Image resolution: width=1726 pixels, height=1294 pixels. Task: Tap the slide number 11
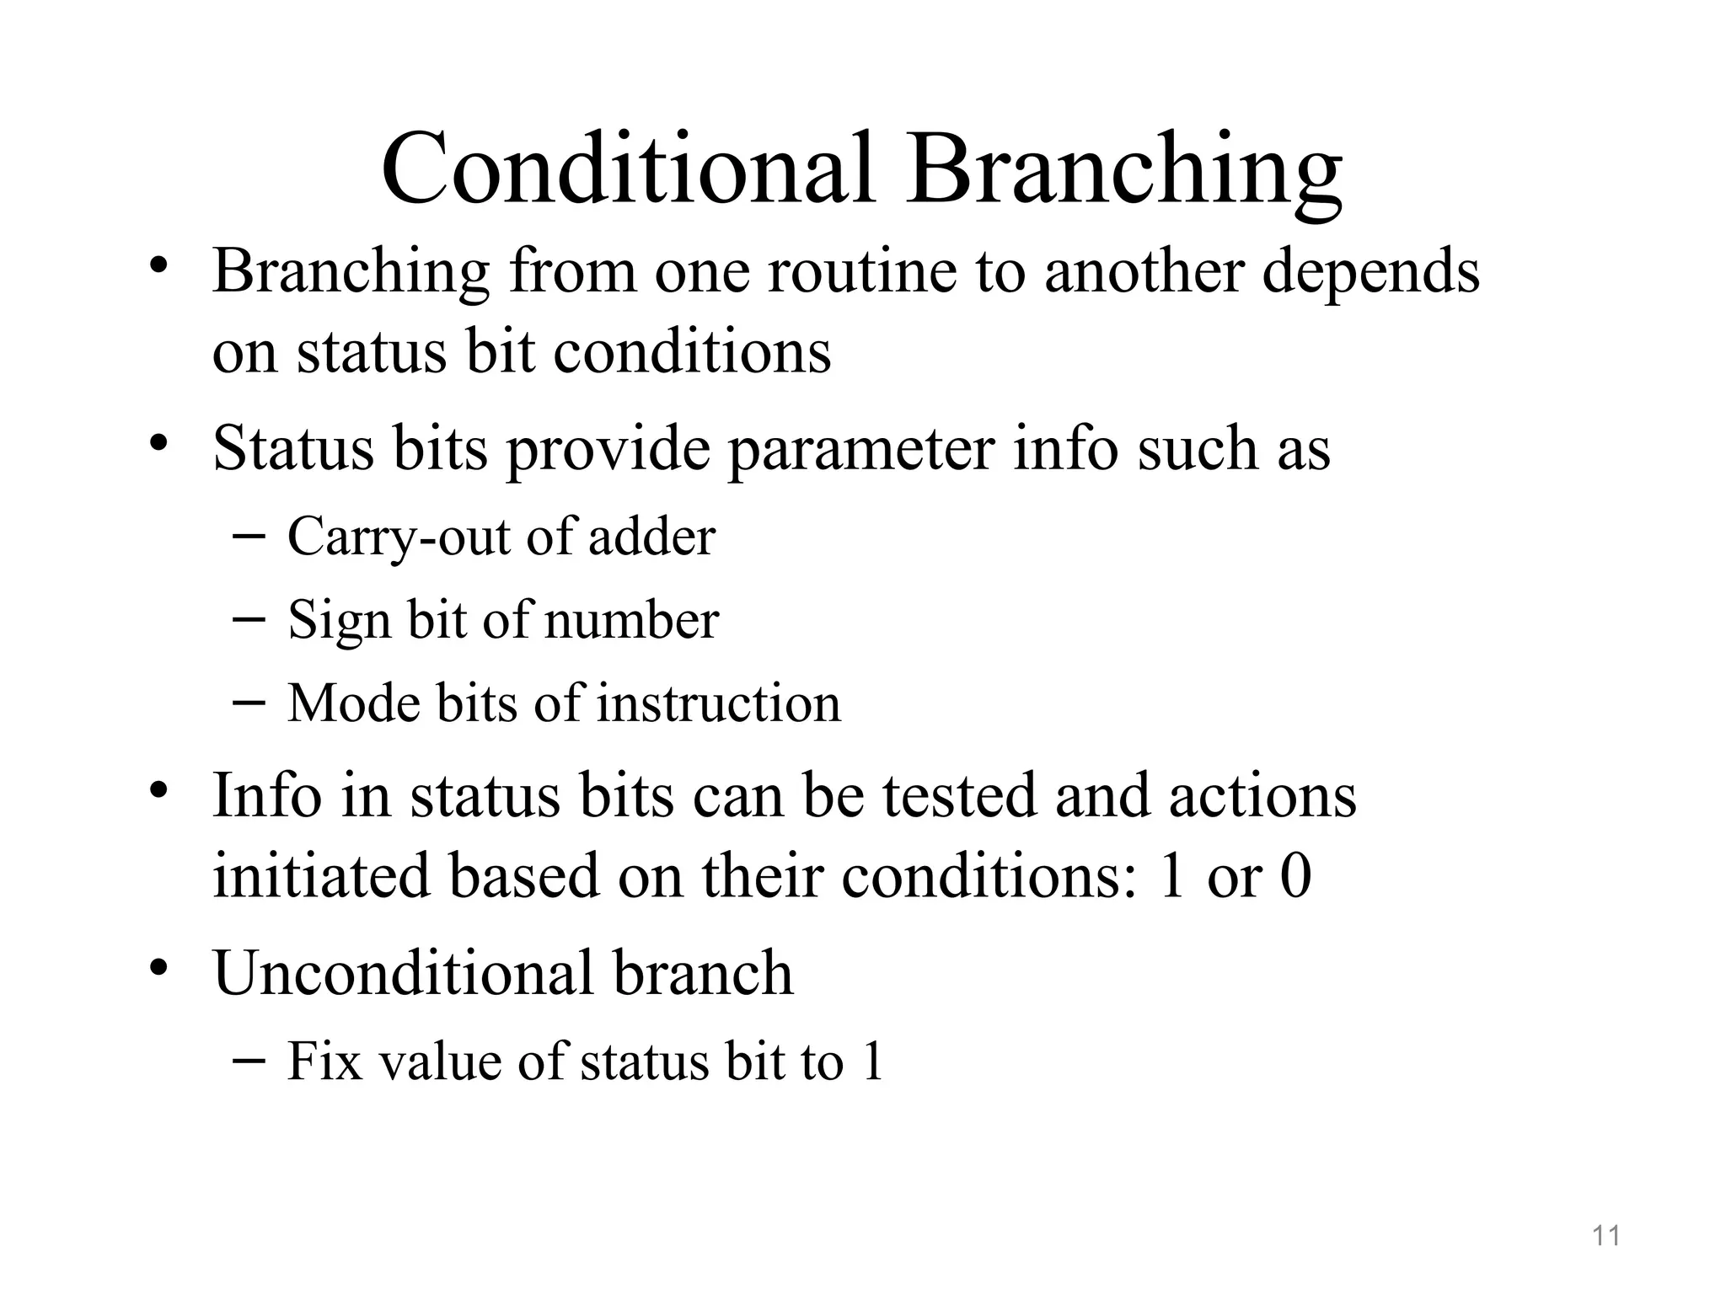[1606, 1236]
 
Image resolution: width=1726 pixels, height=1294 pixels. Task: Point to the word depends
[1370, 274]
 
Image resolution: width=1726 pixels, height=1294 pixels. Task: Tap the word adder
[651, 536]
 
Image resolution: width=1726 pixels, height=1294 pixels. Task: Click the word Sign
[340, 622]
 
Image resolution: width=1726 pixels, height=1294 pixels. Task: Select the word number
[632, 620]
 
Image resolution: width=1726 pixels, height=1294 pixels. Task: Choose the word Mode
[353, 703]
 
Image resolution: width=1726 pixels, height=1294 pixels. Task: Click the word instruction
[718, 703]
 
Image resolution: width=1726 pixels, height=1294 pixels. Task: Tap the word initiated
[320, 876]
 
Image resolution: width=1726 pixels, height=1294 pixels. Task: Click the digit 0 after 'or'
[1295, 876]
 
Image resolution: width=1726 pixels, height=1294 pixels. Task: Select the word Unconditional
[403, 973]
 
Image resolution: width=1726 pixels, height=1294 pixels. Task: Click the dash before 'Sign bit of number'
[248, 620]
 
